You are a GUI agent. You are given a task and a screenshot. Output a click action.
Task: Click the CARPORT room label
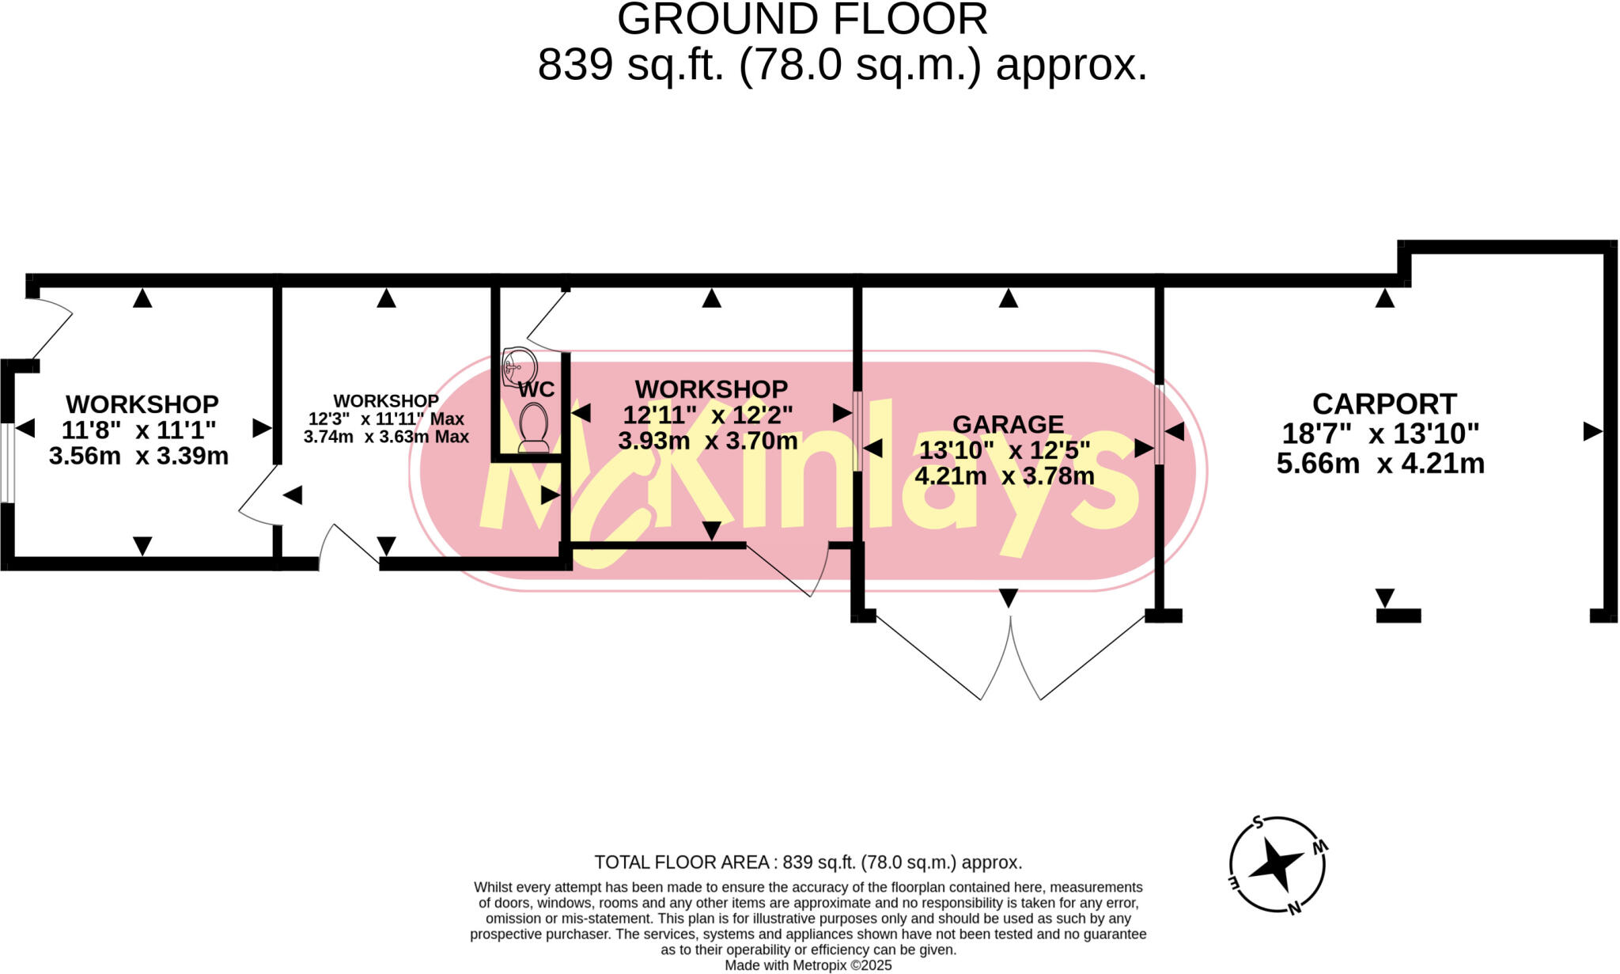[1383, 404]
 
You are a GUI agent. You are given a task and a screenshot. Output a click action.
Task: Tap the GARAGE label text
[1007, 425]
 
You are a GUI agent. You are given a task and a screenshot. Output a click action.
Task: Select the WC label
[536, 389]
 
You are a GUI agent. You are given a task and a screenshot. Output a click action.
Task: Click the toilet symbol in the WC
[535, 427]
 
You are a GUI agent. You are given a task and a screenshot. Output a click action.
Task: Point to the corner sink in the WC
[519, 366]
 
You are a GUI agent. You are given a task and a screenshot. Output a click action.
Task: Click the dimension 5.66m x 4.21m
[1380, 464]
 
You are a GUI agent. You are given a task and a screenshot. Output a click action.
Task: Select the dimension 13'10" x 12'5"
[1005, 450]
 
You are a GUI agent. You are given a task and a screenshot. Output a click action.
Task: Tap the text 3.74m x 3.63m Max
[386, 437]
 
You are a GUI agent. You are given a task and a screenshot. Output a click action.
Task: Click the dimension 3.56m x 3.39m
[138, 457]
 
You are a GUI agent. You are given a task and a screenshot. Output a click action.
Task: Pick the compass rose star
[1275, 864]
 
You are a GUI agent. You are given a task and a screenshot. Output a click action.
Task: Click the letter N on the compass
[1294, 908]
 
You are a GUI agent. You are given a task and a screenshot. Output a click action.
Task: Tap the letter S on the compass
[1258, 822]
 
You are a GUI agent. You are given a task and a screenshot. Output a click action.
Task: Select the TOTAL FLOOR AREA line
[808, 862]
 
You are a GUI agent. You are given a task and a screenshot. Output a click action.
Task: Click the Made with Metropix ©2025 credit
[808, 965]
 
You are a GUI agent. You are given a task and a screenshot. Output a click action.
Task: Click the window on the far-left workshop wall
[6, 462]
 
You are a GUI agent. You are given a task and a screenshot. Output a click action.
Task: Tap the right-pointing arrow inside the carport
[1592, 432]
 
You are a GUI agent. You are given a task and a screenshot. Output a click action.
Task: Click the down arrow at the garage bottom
[1008, 598]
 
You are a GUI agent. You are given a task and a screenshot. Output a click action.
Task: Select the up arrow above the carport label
[1384, 298]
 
